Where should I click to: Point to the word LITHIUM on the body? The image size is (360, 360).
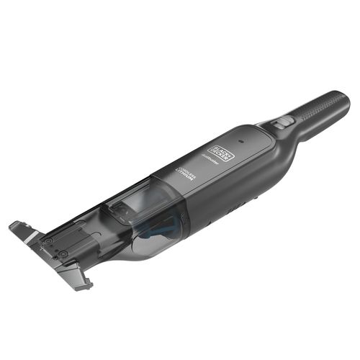182,177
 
